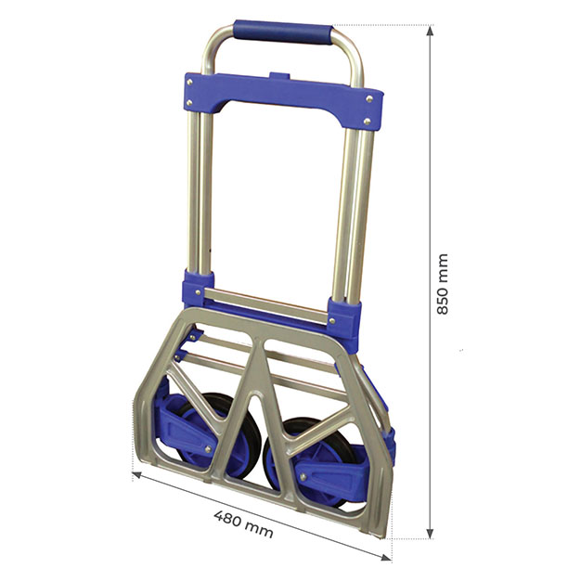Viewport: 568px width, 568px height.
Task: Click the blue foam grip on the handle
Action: click(x=282, y=32)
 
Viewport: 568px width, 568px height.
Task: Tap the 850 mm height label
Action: click(x=443, y=284)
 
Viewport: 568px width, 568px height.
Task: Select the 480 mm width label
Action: click(x=243, y=523)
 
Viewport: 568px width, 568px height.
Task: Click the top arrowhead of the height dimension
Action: click(x=430, y=31)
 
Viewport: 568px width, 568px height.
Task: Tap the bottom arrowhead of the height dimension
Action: click(x=430, y=534)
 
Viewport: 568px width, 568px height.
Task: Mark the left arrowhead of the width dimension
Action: click(x=137, y=475)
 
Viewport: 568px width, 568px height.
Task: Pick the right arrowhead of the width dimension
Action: click(x=386, y=557)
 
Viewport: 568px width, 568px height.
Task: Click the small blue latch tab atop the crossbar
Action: click(x=279, y=76)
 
